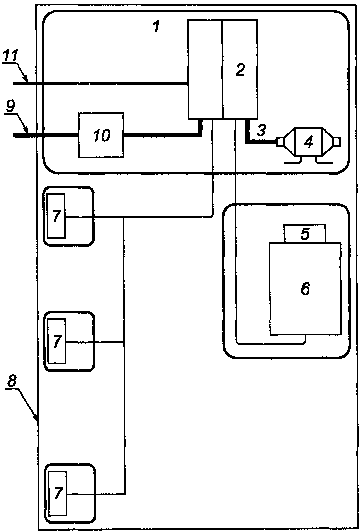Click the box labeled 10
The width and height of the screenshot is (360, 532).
pyautogui.click(x=101, y=135)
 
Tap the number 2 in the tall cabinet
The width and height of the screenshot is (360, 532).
pyautogui.click(x=240, y=70)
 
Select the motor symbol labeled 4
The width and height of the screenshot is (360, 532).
pyautogui.click(x=309, y=142)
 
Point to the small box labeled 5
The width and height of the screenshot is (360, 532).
pyautogui.click(x=305, y=233)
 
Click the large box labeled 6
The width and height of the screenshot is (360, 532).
pyautogui.click(x=305, y=289)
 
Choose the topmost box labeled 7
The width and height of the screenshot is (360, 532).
pyautogui.click(x=56, y=216)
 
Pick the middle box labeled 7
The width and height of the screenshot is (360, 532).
pyautogui.click(x=57, y=341)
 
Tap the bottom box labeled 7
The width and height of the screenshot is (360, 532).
pyautogui.click(x=58, y=493)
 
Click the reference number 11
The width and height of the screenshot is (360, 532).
pyautogui.click(x=10, y=56)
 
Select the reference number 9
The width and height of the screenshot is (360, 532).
pyautogui.click(x=11, y=106)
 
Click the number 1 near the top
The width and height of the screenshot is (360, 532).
pyautogui.click(x=156, y=26)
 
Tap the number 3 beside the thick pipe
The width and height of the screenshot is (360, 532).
pyautogui.click(x=261, y=130)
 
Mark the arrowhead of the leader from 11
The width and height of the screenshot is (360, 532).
pyautogui.click(x=28, y=82)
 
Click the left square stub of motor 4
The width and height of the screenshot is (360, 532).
pyautogui.click(x=279, y=142)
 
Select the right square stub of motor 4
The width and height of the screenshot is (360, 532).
pyautogui.click(x=337, y=142)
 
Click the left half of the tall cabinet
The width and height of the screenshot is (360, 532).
pyautogui.click(x=205, y=69)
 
